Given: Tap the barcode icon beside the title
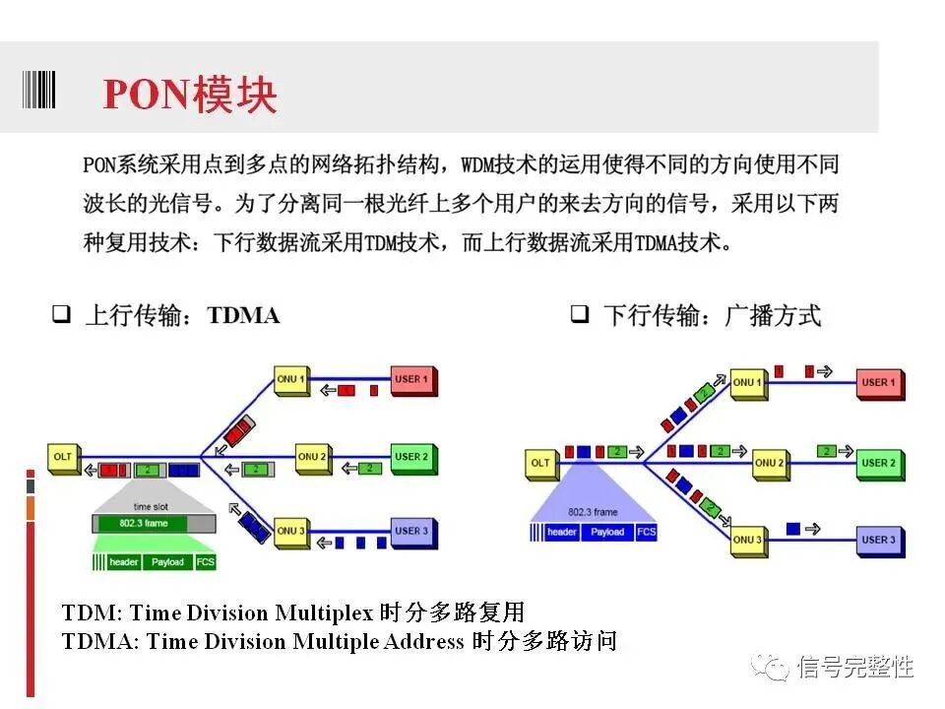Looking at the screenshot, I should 39,88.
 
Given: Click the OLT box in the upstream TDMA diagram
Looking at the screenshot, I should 63,458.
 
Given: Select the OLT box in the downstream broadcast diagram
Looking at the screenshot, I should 541,463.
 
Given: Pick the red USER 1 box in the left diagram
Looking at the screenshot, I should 411,379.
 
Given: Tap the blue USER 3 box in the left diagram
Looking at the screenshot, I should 411,532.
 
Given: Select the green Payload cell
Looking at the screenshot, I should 167,562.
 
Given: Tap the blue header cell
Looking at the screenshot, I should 562,532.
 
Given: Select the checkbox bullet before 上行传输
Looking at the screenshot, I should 61,315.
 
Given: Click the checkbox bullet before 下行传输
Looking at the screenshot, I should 580,315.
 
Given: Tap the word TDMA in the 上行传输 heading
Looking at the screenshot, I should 243,315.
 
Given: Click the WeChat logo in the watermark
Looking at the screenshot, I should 769,667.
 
